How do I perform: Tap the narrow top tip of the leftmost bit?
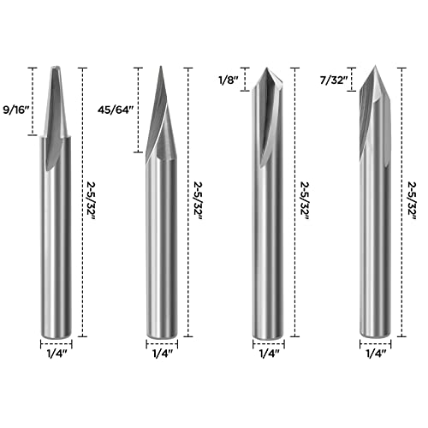coord(55,68)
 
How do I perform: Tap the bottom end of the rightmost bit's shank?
coord(376,332)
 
